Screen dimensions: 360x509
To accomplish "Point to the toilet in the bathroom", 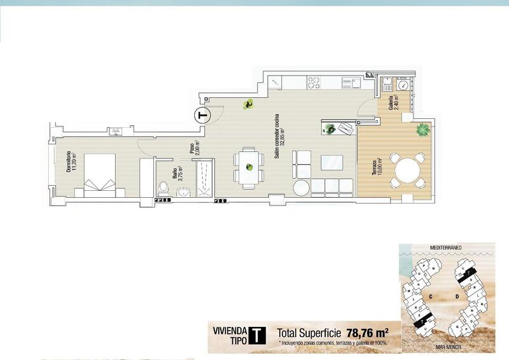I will pyautogui.click(x=163, y=188).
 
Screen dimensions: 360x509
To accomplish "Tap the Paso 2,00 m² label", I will pyautogui.click(x=194, y=149).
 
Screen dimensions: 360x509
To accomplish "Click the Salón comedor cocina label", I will pyautogui.click(x=279, y=137).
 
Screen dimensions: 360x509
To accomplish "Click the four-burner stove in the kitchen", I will pyautogui.click(x=314, y=82).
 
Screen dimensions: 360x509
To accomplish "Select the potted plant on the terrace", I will pyautogui.click(x=422, y=130).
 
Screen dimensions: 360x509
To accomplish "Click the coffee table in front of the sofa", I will pyautogui.click(x=331, y=162).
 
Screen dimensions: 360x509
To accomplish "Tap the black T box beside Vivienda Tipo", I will pyautogui.click(x=256, y=335).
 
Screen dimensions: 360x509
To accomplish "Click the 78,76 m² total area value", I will pyautogui.click(x=368, y=333).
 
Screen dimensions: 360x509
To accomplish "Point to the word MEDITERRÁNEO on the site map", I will pyautogui.click(x=445, y=246).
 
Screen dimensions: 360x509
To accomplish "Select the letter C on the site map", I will pyautogui.click(x=431, y=296).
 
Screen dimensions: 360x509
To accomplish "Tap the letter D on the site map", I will pyautogui.click(x=457, y=296).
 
